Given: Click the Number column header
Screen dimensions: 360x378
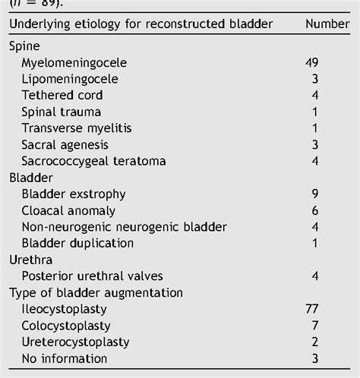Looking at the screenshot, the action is pos(327,24).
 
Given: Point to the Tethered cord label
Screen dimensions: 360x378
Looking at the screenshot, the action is pos(62,95).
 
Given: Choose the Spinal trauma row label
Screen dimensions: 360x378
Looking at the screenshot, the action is pos(61,112).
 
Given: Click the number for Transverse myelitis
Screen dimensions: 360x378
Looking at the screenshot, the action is pos(314,128).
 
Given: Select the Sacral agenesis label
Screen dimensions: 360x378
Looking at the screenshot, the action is pos(65,144).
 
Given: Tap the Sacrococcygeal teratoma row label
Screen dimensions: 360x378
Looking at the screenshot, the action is pos(93,161).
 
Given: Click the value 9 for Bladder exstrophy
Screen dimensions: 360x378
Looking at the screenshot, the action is pos(314,194).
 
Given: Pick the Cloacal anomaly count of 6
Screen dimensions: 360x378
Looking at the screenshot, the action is pos(314,210).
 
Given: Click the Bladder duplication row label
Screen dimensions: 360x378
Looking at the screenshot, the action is pos(77,243).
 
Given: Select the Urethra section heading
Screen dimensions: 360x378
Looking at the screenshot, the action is pos(30,260).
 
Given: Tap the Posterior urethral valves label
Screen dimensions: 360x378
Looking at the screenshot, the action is pos(92,276).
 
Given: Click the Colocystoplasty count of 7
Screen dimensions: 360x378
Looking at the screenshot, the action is pos(314,326).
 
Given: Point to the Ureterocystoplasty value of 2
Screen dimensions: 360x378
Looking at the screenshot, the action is pos(314,342).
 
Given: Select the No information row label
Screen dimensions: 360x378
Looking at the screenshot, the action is pos(65,359).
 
